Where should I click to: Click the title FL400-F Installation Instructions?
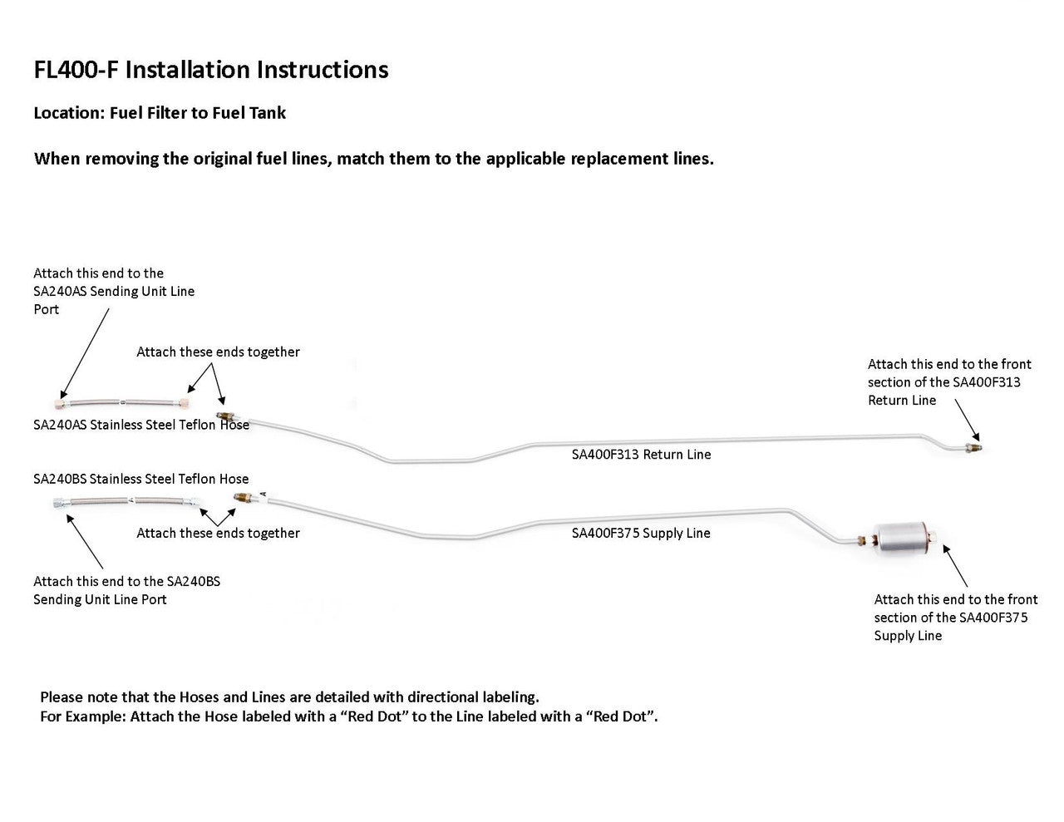(x=211, y=69)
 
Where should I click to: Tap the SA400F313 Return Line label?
(x=641, y=455)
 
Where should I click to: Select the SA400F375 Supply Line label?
(x=641, y=533)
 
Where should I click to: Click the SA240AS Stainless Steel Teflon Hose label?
(x=141, y=426)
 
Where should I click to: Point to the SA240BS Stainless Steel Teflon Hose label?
(x=141, y=479)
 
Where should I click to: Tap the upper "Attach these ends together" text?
(x=218, y=352)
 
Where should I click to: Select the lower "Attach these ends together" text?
(x=218, y=533)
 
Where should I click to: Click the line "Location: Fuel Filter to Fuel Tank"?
(x=160, y=113)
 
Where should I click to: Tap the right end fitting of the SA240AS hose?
(x=183, y=403)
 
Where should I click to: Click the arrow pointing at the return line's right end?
(x=967, y=421)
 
